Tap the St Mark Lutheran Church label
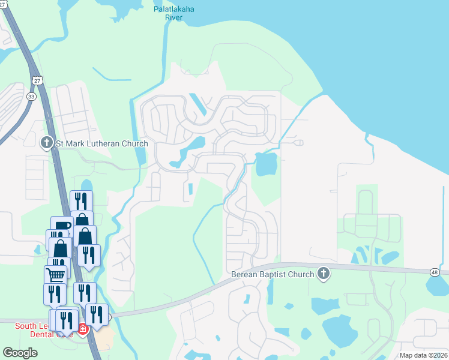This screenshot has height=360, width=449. coord(101,143)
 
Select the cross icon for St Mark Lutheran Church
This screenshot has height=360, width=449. coord(46,143)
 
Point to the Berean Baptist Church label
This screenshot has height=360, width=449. coord(273,275)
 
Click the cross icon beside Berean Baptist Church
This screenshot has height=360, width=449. coord(324,274)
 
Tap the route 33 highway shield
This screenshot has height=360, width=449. coord(31,96)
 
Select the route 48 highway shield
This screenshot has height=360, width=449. coord(434,272)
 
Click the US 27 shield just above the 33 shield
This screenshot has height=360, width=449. coord(38,80)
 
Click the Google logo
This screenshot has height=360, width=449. coord(20,353)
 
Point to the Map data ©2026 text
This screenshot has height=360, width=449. coord(423,355)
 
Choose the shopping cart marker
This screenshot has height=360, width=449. coord(55,275)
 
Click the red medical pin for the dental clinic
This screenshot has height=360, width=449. coord(82,329)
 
